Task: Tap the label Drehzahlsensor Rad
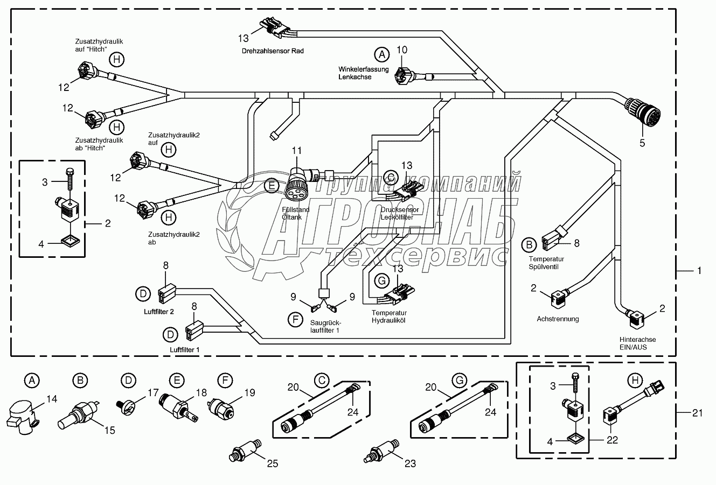pyautogui.click(x=273, y=51)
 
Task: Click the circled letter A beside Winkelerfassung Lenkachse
pyautogui.click(x=382, y=54)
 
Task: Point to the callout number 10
pyautogui.click(x=402, y=51)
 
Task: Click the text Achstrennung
pyautogui.click(x=558, y=319)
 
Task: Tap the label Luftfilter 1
pyautogui.click(x=185, y=350)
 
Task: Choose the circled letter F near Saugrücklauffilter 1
pyautogui.click(x=295, y=320)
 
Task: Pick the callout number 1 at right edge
pyautogui.click(x=699, y=271)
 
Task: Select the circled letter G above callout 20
pyautogui.click(x=459, y=381)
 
